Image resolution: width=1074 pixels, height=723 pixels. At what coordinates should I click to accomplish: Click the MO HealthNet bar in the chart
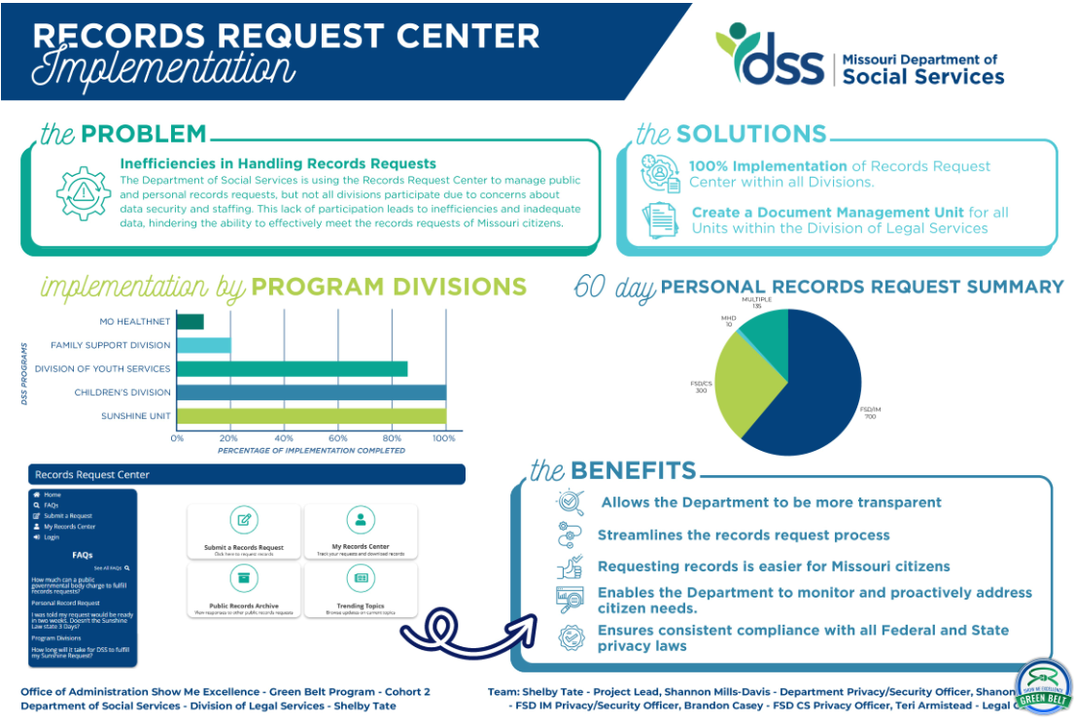(191, 322)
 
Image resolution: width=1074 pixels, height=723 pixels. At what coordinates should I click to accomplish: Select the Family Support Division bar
(204, 345)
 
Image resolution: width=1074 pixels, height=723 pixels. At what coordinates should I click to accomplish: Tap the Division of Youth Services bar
(292, 369)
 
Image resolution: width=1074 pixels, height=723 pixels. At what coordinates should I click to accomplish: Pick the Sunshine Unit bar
(311, 416)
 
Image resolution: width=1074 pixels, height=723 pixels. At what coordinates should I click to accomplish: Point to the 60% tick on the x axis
(338, 438)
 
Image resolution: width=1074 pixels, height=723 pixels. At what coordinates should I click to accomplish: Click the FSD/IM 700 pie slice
(816, 389)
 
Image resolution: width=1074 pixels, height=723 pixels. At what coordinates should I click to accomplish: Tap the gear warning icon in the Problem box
(82, 193)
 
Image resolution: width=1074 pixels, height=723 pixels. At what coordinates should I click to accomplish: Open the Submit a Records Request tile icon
(244, 521)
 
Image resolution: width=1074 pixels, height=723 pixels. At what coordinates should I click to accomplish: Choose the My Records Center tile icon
(361, 521)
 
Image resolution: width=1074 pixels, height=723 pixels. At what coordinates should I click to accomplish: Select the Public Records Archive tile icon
(244, 578)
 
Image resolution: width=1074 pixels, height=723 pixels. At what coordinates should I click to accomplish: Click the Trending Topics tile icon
(361, 578)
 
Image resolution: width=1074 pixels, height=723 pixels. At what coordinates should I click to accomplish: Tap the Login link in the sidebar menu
(51, 536)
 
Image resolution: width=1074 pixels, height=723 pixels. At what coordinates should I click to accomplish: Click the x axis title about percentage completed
(311, 451)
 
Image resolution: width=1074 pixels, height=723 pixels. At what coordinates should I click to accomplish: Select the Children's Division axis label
(122, 393)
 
